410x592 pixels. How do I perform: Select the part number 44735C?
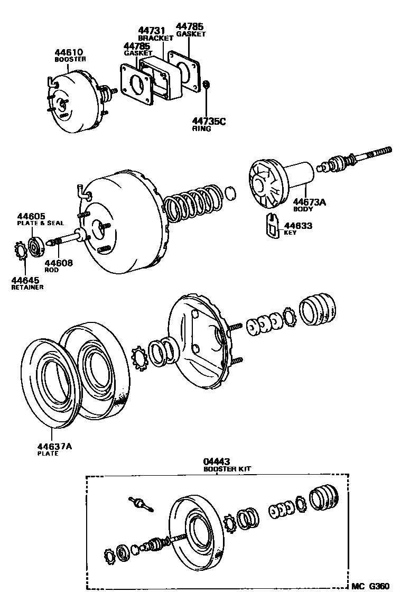tap(209, 122)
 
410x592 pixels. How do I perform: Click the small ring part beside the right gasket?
tap(207, 85)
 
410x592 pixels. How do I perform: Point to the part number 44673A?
tap(310, 202)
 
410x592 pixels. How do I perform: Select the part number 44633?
tap(299, 226)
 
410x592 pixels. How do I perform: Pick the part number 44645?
tap(26, 280)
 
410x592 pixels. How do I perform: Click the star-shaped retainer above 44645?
tap(20, 250)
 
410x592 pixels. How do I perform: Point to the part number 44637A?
tap(54, 446)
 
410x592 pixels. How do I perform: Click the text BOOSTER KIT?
tap(227, 469)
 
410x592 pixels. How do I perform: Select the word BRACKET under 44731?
tap(155, 39)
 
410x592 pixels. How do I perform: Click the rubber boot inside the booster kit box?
tap(325, 498)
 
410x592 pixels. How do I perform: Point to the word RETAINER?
tap(27, 288)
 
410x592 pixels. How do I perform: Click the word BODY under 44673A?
tap(303, 209)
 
